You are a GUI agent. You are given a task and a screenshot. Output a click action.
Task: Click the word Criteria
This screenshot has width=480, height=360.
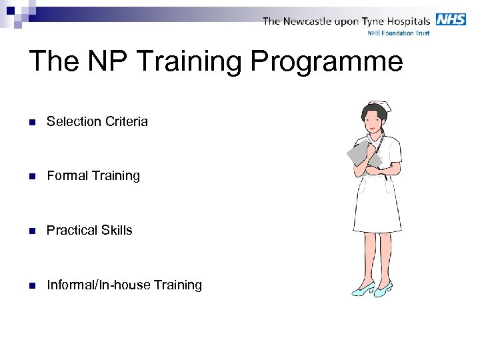pyautogui.click(x=126, y=121)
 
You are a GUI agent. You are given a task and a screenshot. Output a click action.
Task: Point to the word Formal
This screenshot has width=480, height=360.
pyautogui.click(x=67, y=176)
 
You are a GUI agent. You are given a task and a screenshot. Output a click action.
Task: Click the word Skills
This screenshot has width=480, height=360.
pyautogui.click(x=119, y=231)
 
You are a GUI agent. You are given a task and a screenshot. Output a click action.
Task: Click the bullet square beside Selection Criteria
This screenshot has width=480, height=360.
pyautogui.click(x=32, y=122)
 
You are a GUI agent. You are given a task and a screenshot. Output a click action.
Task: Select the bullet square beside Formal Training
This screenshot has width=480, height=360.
pyautogui.click(x=32, y=177)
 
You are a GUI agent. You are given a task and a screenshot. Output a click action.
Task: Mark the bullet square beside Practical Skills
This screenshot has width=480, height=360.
pyautogui.click(x=32, y=231)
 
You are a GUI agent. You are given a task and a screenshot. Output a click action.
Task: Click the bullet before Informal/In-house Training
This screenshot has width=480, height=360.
pyautogui.click(x=32, y=286)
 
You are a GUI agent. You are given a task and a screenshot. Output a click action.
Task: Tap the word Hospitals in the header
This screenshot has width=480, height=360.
pyautogui.click(x=405, y=21)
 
